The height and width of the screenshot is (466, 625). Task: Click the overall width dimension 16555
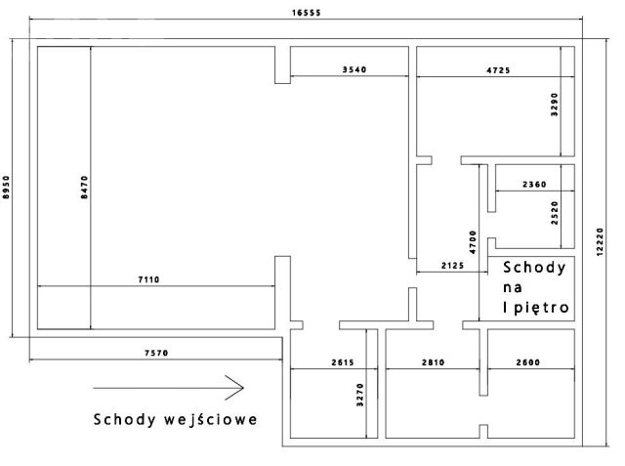point(306,13)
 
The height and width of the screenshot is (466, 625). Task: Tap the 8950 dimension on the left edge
point(7,188)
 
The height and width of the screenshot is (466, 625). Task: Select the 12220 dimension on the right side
point(601,242)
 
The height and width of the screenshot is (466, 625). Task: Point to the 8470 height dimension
point(85,188)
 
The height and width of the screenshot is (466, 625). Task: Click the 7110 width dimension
point(148,279)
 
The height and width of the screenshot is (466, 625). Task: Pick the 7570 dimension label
point(156,353)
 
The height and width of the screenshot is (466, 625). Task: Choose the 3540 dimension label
point(354,69)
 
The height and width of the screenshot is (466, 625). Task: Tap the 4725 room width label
point(498,70)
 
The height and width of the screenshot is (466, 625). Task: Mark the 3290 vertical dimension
point(555,105)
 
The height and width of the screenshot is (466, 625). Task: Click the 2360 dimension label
point(534,185)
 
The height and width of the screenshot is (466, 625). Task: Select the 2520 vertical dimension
point(555,213)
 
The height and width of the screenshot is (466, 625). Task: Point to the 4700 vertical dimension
point(473,242)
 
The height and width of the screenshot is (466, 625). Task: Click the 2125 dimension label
point(453,266)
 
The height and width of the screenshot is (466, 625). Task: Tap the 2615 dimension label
point(343,362)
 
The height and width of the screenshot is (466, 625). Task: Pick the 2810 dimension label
point(434,362)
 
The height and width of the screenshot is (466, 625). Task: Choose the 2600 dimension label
point(528,362)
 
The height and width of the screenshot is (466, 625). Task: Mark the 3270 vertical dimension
point(360,395)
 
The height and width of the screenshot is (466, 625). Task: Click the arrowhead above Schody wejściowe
point(235,388)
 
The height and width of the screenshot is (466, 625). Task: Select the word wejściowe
point(211,419)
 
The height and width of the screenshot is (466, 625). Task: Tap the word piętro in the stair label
point(540,308)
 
